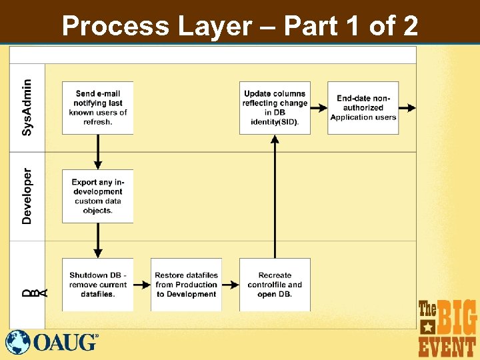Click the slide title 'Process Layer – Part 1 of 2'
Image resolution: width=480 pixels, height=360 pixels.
tap(240, 27)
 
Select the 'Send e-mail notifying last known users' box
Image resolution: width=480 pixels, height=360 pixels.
tap(97, 107)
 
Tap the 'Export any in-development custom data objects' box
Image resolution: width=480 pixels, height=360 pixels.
tap(97, 196)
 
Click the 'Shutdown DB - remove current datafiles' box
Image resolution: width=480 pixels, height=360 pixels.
tap(97, 285)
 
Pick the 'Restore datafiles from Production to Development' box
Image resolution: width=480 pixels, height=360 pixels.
tap(186, 285)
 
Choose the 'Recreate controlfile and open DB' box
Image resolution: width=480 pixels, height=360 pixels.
tap(275, 285)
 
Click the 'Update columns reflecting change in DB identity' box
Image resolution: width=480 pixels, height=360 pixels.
tap(275, 107)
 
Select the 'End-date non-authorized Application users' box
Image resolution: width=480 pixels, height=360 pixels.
tap(363, 107)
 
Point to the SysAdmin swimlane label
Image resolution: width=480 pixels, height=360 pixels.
tap(27, 107)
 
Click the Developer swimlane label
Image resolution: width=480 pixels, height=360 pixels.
tap(27, 196)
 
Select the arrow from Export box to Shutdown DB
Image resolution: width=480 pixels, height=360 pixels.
tap(98, 240)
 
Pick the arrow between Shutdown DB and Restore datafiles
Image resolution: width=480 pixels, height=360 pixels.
tap(142, 285)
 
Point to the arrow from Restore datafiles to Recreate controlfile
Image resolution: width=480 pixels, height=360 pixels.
tap(230, 285)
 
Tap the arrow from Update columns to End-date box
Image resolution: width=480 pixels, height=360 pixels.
tap(319, 107)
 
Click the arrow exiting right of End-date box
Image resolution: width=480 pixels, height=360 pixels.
tap(407, 107)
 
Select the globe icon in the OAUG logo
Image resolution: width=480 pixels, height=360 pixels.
tap(18, 342)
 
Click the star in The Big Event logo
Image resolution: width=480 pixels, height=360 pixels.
tap(428, 327)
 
